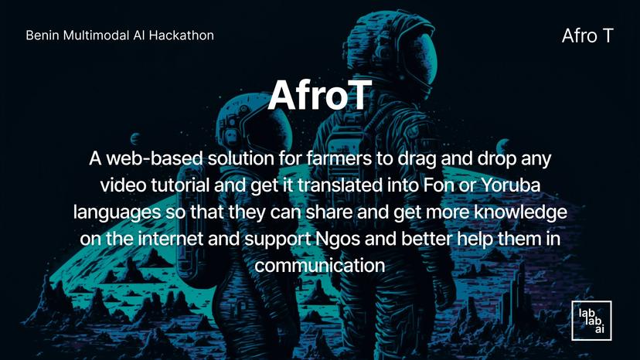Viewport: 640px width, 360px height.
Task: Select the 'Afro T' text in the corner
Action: pos(587,36)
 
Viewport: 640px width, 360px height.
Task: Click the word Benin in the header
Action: pos(42,36)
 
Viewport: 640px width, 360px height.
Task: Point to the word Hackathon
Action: pos(183,36)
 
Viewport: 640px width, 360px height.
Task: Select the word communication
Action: pos(320,265)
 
